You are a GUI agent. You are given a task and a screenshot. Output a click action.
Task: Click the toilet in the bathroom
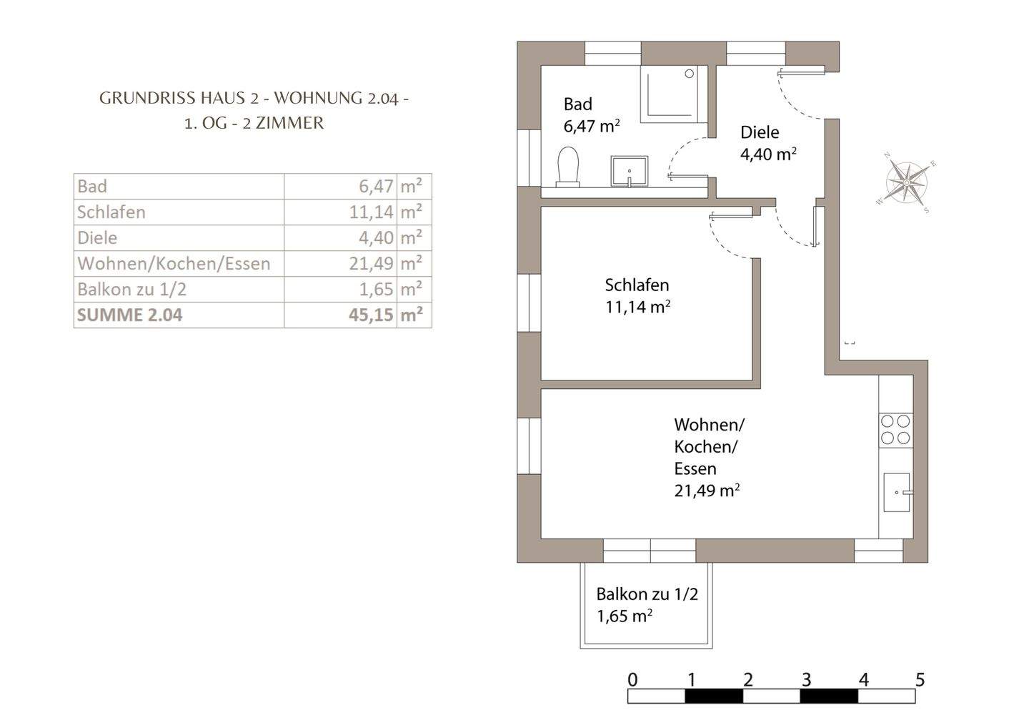[x=568, y=167]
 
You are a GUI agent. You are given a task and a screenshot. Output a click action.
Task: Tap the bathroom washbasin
[x=629, y=171]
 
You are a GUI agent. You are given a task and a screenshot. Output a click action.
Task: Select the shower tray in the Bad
[x=672, y=94]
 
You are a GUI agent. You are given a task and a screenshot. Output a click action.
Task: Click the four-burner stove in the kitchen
[x=895, y=429]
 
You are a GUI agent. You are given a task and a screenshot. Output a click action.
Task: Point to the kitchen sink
[x=897, y=492]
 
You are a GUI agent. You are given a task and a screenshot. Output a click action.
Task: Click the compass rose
[x=906, y=183]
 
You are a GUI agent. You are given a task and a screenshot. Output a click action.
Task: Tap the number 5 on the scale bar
[x=920, y=679]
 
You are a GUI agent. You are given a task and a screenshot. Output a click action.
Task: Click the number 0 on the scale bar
[x=632, y=679]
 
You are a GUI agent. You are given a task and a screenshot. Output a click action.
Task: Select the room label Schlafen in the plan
[x=637, y=285]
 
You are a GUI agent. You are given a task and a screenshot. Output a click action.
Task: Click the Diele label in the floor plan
[x=759, y=132]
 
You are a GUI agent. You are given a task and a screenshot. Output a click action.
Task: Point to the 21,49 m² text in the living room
[x=706, y=491]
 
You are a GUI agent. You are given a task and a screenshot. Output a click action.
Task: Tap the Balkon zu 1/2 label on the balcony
[x=647, y=594]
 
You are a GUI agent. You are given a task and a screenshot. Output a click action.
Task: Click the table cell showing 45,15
[x=371, y=315]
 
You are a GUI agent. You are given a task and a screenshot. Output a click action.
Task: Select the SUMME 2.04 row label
[x=130, y=315]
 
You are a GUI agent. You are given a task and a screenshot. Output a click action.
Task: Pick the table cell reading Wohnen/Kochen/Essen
[x=174, y=263]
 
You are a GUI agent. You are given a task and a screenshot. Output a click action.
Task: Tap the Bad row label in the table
[x=92, y=186]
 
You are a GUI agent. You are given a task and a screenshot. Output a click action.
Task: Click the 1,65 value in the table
[x=375, y=289]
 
